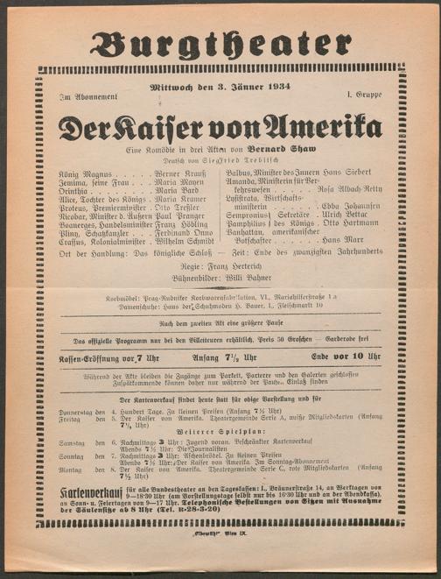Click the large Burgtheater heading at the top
tap(220, 45)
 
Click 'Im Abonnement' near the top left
tap(79, 95)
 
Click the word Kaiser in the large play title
tap(168, 128)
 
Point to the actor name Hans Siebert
tap(361, 175)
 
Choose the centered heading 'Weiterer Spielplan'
tap(220, 432)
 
